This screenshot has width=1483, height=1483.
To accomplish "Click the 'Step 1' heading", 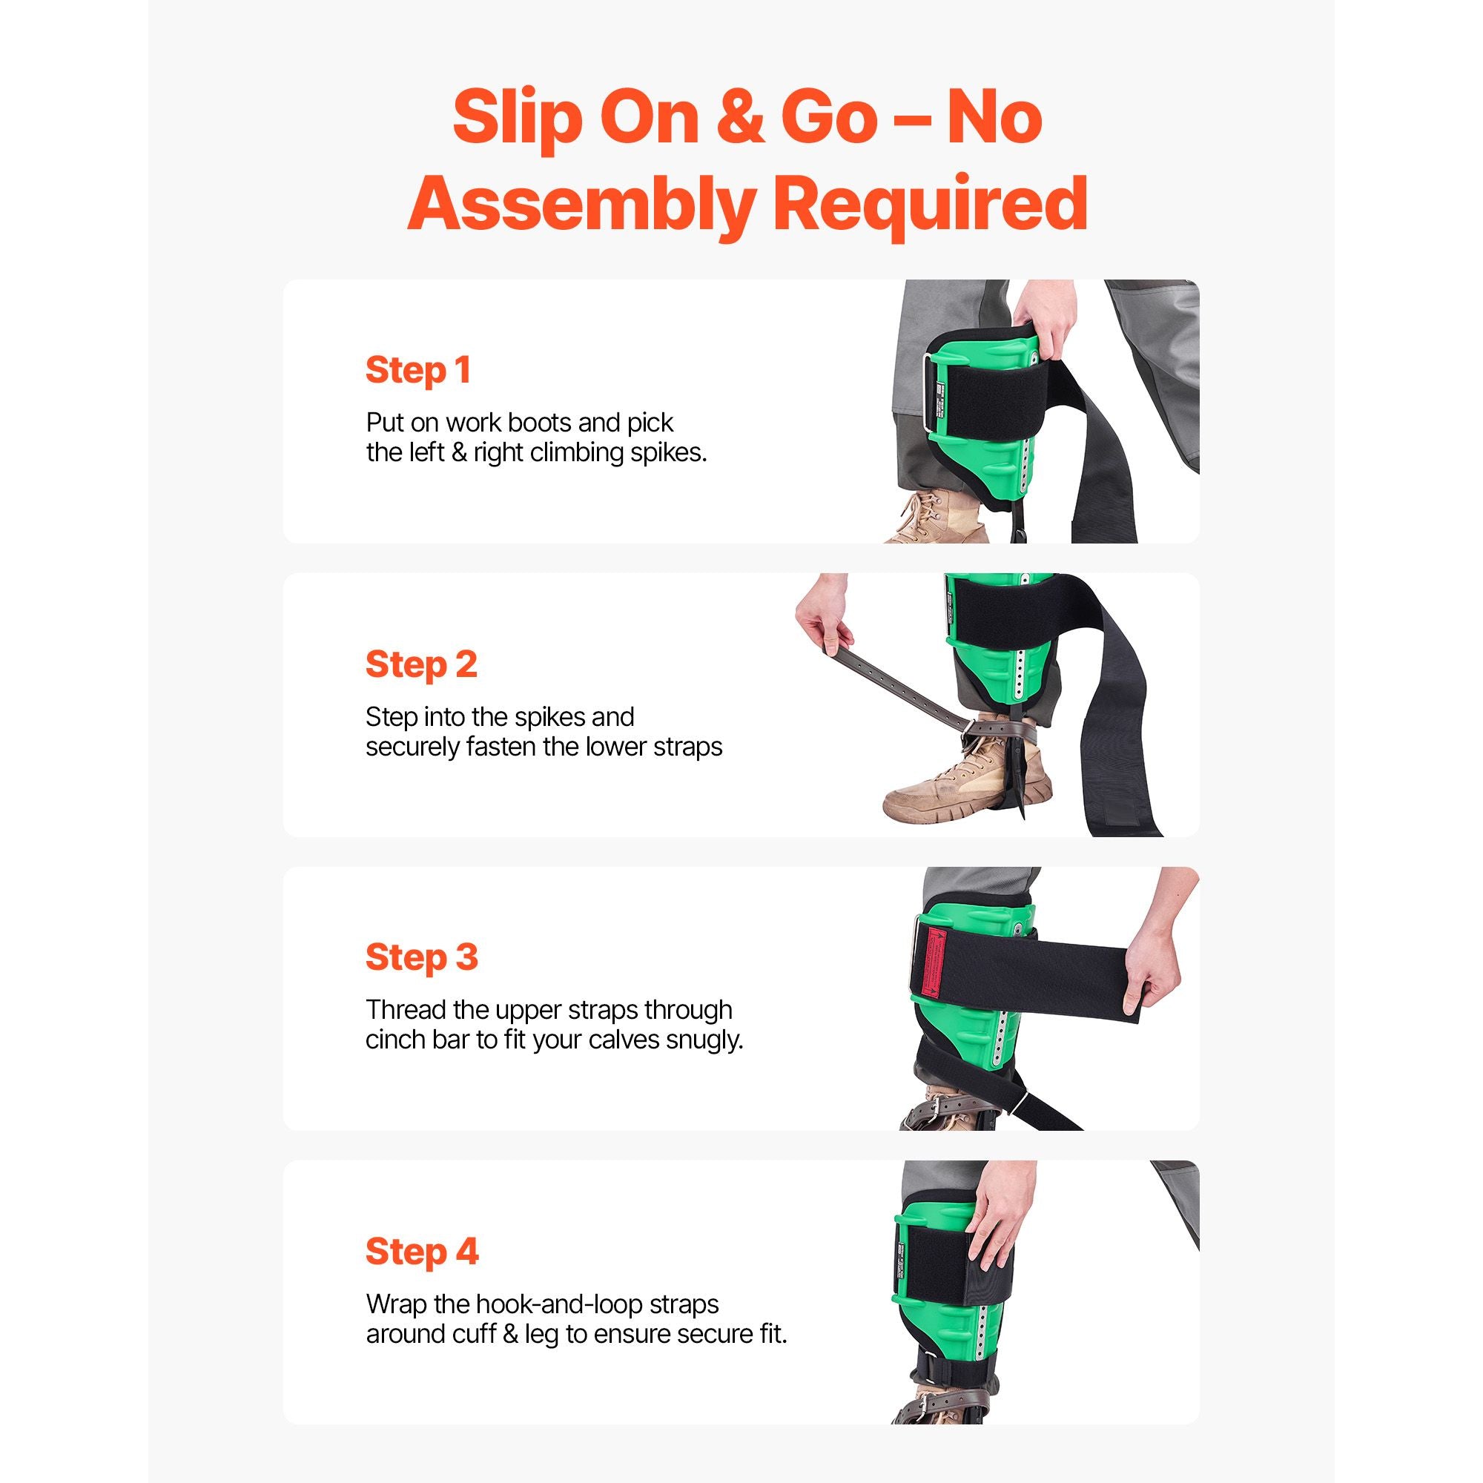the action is [x=418, y=370].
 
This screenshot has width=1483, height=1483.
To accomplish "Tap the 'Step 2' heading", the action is [x=421, y=664].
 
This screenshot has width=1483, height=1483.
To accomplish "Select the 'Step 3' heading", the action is [x=421, y=957].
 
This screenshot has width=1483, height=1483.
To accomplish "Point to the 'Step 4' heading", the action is [x=422, y=1251].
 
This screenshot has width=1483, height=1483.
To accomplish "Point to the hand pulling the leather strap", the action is [x=824, y=622].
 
